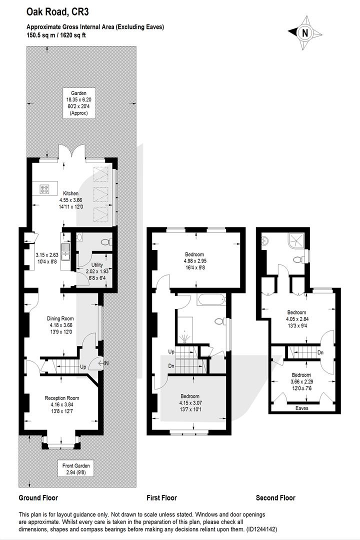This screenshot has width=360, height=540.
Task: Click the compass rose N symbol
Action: (x=304, y=33)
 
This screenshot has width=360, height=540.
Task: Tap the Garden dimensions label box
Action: (x=77, y=103)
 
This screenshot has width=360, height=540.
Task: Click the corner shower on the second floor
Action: (x=298, y=241)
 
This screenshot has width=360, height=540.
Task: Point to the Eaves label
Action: (x=302, y=408)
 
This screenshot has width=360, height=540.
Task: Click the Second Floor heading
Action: (x=275, y=498)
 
